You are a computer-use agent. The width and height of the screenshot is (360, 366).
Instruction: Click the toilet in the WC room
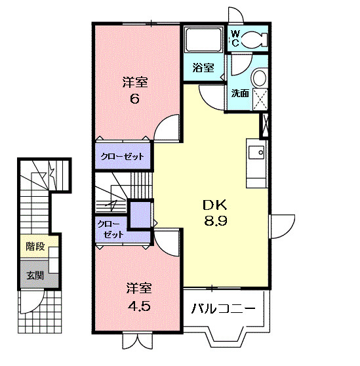point(254,39)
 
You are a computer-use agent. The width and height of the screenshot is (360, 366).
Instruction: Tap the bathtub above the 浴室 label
point(203,39)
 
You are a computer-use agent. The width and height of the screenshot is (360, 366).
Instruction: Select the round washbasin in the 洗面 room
point(260,77)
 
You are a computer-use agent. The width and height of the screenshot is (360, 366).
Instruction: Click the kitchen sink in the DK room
point(256,152)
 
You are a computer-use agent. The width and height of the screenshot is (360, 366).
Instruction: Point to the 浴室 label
point(203,68)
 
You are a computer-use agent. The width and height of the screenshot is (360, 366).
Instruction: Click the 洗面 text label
point(240,93)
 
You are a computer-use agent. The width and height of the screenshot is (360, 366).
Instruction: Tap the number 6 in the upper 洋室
point(134,99)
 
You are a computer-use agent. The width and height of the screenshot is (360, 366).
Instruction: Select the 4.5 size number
point(139,306)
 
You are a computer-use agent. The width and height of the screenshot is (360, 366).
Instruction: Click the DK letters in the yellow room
point(215,205)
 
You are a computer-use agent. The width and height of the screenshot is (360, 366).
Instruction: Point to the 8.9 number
point(216,220)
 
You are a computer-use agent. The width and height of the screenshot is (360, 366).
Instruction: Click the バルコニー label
point(224,309)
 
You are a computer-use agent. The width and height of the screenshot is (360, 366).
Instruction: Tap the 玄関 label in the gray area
point(35,275)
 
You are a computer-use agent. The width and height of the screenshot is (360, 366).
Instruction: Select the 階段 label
point(35,247)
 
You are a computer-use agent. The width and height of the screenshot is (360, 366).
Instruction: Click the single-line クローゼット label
point(122,156)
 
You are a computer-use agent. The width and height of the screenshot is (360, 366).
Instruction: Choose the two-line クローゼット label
point(110,229)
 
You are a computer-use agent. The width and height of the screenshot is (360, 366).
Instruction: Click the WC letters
point(235,39)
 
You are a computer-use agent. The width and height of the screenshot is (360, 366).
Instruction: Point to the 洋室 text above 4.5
point(139,289)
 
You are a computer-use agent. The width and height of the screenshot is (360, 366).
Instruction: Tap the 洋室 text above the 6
point(135,82)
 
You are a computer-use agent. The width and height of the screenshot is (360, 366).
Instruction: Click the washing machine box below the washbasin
point(260,99)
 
